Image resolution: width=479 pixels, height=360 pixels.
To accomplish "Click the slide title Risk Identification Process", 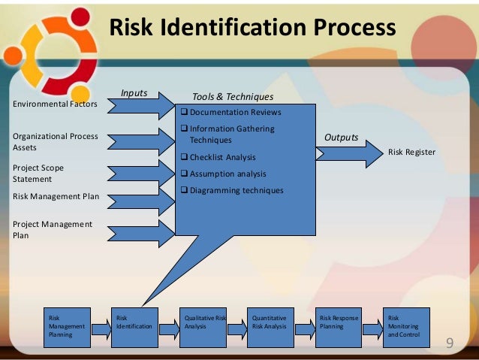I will (252, 28).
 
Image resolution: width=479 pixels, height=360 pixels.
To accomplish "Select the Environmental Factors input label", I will (55, 104).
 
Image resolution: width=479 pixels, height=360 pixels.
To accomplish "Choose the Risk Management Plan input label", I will (56, 197).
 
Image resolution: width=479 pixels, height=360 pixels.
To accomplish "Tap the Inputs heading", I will (134, 93).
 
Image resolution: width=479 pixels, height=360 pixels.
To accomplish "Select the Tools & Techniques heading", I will (233, 97).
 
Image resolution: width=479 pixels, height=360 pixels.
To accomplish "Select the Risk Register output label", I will (411, 152).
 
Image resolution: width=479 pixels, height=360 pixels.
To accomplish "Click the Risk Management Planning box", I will (67, 327).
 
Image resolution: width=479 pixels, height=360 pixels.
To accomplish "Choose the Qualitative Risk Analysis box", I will (203, 327).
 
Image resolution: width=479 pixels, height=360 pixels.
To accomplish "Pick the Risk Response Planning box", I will (338, 327).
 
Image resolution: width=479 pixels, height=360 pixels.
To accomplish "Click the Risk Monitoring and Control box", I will (406, 327).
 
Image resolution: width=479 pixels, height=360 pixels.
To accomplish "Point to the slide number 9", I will (450, 343).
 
